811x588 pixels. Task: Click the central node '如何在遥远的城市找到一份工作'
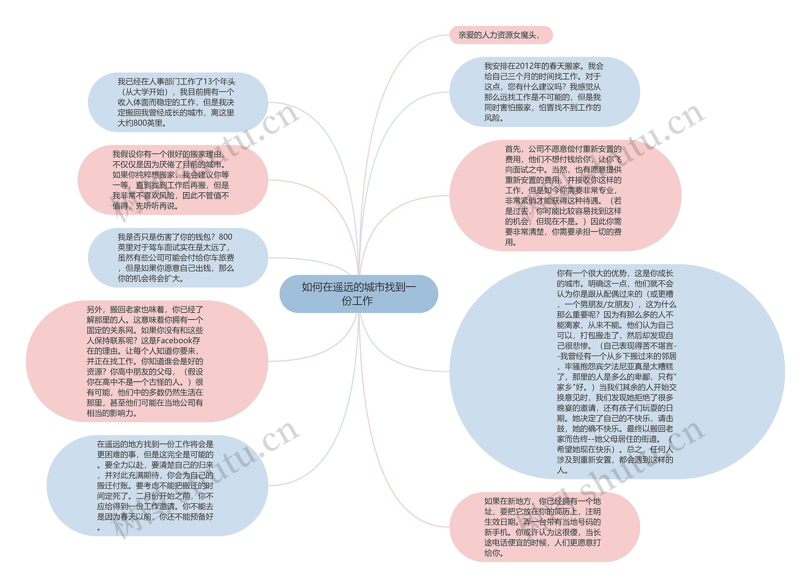click(x=358, y=294)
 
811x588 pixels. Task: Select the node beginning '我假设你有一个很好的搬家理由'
click(x=172, y=180)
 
